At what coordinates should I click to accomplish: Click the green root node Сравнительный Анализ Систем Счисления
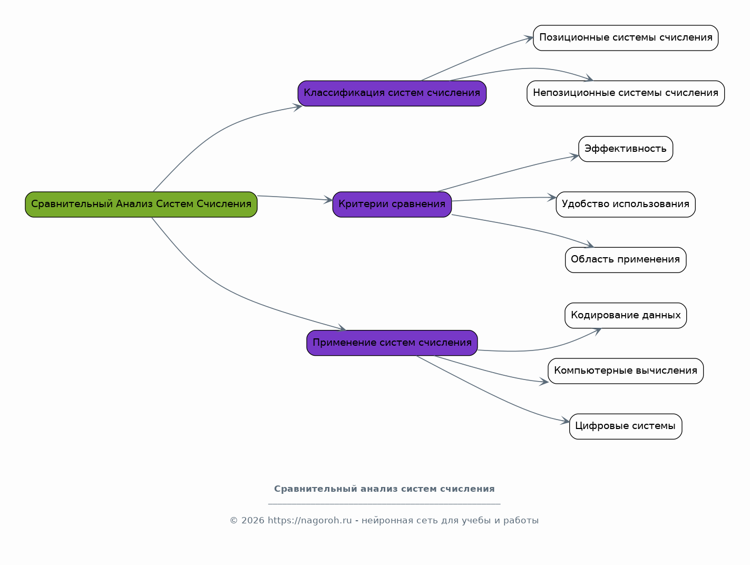(141, 204)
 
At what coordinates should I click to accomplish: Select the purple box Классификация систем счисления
(392, 93)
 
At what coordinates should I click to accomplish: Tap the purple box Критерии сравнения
(392, 204)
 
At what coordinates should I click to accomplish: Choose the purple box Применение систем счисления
(392, 343)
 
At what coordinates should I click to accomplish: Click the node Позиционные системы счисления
(626, 38)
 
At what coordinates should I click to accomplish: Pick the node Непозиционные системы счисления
(626, 93)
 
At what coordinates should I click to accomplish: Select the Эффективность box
(626, 149)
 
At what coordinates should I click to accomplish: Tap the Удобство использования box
(626, 204)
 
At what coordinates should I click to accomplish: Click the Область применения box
(626, 260)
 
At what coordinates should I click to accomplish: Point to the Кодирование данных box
(626, 315)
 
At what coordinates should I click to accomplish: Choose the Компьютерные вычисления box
(626, 371)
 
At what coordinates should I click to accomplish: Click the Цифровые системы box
(626, 426)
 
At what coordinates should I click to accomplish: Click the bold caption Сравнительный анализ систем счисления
(384, 489)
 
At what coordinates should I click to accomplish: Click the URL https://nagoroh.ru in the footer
(309, 520)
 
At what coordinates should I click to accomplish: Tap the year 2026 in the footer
(253, 520)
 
